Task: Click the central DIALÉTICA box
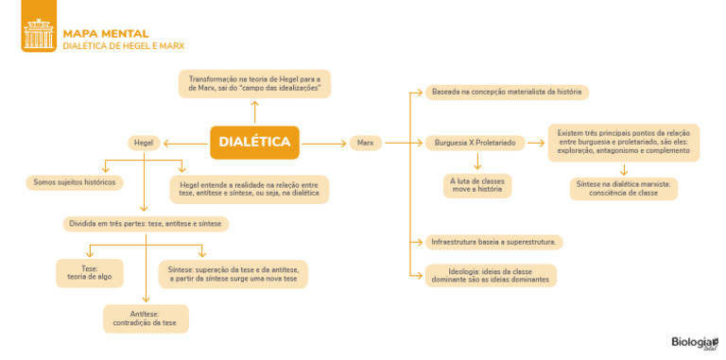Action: pos(254,143)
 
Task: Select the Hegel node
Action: pos(144,143)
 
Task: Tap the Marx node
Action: pos(364,143)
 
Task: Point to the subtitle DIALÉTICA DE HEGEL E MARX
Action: pos(124,45)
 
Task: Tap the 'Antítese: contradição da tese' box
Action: pos(145,318)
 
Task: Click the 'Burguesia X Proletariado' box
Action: pos(475,143)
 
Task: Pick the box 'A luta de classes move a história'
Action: pos(477,185)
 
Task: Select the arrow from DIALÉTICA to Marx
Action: pos(324,143)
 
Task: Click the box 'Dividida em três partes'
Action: pos(147,224)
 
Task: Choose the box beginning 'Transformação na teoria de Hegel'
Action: pos(254,83)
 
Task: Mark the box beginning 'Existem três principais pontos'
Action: pos(624,143)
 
